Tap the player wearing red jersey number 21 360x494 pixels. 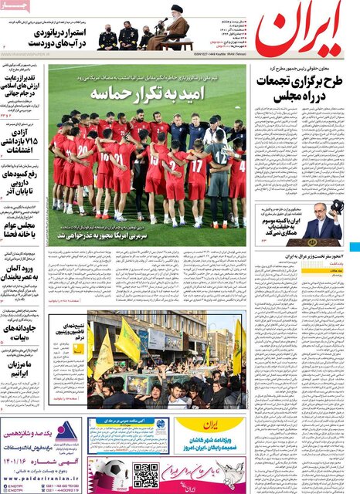(121, 159)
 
